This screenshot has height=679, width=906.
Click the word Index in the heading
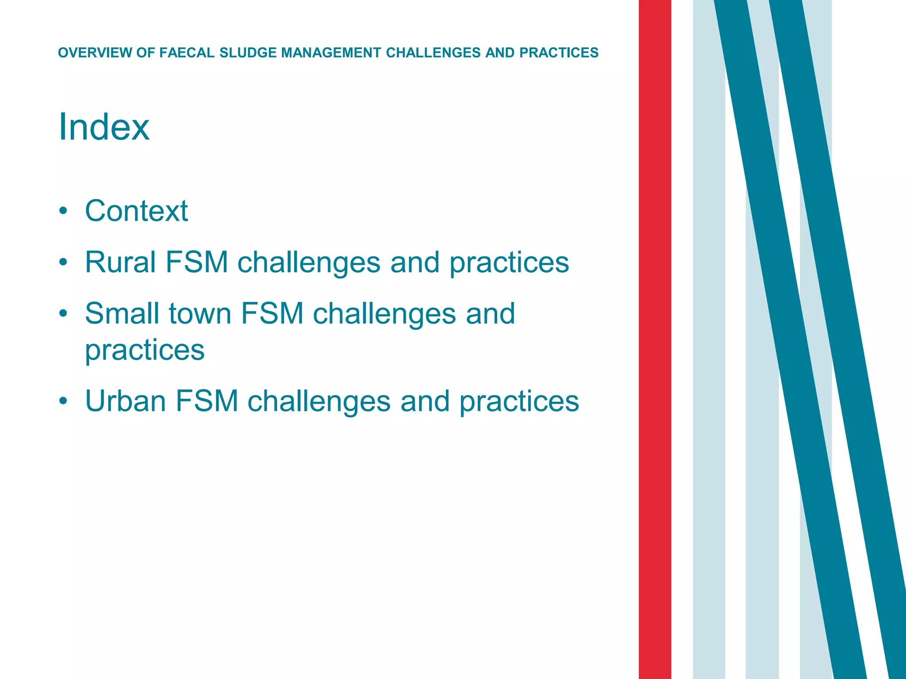pos(104,127)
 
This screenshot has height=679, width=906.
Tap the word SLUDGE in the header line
pos(248,53)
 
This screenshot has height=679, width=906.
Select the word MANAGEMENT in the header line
pos(331,53)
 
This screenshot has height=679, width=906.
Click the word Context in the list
pos(136,211)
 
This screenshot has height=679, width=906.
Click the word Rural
pos(120,262)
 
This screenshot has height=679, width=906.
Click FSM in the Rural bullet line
pos(196,262)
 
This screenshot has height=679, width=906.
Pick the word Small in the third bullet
pos(122,313)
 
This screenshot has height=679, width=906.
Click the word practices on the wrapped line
pos(145,351)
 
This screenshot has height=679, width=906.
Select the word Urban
pos(125,401)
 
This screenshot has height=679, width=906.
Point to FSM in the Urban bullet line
pos(207,401)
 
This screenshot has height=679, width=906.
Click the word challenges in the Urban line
pos(319,401)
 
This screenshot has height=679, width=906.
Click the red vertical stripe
pos(655,339)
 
